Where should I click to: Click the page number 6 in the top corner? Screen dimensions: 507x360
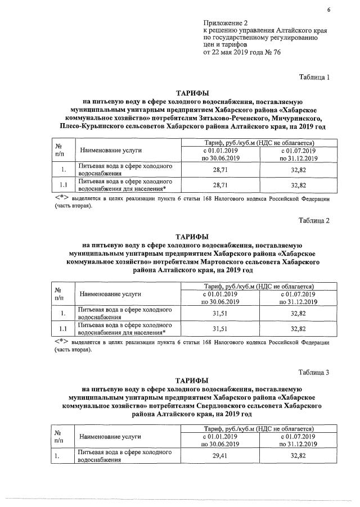pos(328,10)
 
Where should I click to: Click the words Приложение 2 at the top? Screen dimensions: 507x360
pos(224,22)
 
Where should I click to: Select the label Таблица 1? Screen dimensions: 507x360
pos(313,77)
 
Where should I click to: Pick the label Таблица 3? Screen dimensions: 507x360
pos(313,372)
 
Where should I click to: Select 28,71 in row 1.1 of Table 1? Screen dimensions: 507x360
pos(223,185)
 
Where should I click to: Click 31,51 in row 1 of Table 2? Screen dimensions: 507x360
pos(223,314)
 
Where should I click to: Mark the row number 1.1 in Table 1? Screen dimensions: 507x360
pos(64,185)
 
